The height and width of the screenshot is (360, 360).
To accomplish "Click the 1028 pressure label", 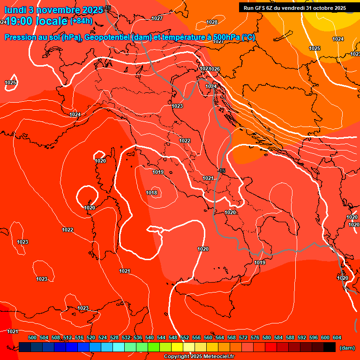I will pyautogui.click(x=212, y=22).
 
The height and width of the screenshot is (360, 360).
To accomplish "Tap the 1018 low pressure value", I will pyautogui.click(x=151, y=193).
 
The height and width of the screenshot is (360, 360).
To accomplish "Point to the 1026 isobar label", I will pyautogui.click(x=215, y=69).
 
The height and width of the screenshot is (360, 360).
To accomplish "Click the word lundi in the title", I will pyautogui.click(x=15, y=10).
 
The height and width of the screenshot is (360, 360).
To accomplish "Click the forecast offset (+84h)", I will pyautogui.click(x=81, y=21).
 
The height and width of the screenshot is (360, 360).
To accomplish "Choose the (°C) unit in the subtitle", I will pyautogui.click(x=248, y=37).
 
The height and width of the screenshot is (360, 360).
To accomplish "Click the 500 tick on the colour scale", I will pyautogui.click(x=32, y=337).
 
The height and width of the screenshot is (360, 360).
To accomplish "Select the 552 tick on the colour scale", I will pyautogui.click(x=185, y=337).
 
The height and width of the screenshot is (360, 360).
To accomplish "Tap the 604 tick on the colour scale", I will pyautogui.click(x=337, y=337).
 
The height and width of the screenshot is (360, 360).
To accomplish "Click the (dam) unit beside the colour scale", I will pyautogui.click(x=347, y=348).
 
